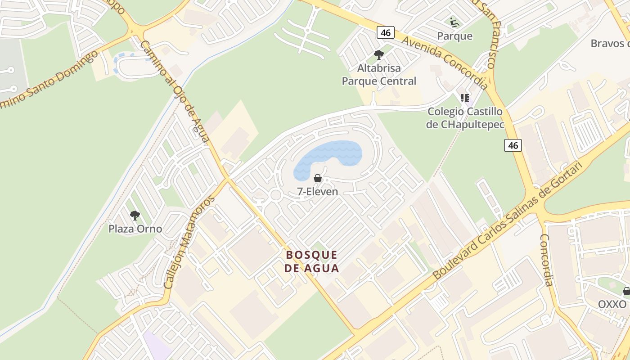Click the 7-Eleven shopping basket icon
(318, 178)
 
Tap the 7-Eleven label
(318, 191)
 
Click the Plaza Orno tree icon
(135, 215)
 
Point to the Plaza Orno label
(135, 229)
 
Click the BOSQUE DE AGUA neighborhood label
(312, 261)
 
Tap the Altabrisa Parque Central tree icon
(379, 55)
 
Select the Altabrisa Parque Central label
(379, 75)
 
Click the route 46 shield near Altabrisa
(385, 32)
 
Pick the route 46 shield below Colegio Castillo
(513, 145)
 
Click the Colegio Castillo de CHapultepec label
(465, 118)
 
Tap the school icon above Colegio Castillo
(465, 98)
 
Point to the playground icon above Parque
(454, 22)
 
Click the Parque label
(455, 36)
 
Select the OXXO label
(612, 304)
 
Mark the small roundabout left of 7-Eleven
(275, 195)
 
